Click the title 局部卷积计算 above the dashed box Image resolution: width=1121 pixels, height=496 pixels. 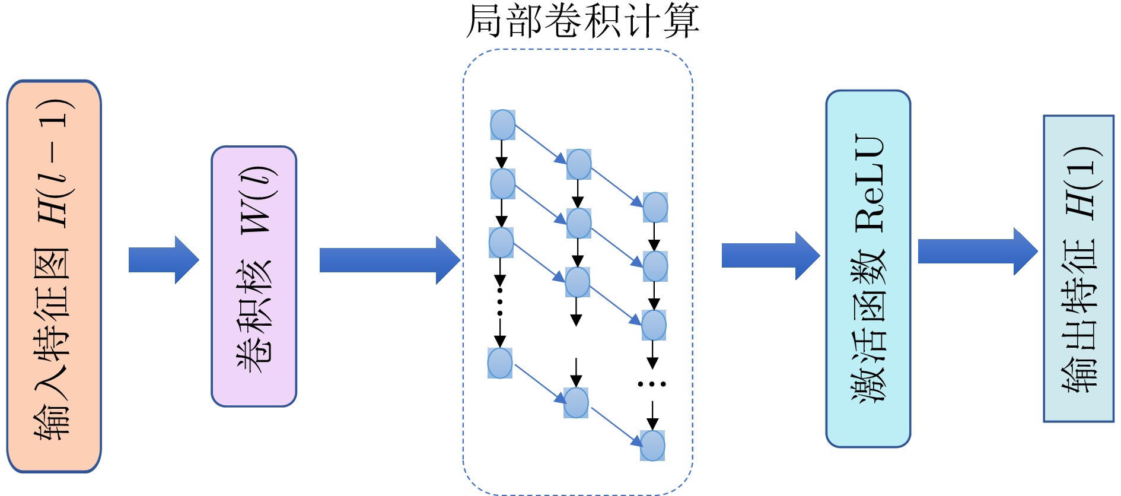pos(582,21)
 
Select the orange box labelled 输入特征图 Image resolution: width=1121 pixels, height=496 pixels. pos(54,276)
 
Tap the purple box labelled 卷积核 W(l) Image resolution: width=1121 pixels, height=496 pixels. pos(254,276)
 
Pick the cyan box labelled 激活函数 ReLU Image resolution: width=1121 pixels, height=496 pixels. pos(868,268)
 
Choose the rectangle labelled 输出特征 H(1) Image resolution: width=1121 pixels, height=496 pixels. pos(1078,268)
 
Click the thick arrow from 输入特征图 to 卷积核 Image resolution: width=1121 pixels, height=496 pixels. pos(164,260)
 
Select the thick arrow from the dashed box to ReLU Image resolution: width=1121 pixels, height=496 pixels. pos(770,256)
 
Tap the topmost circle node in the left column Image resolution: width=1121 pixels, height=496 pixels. pos(502,125)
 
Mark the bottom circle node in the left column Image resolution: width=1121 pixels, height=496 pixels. pos(500,363)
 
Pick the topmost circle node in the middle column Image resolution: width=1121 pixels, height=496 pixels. pos(579,164)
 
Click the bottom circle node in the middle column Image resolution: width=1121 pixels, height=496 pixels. pos(576,403)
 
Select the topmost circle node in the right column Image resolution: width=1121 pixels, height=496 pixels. pos(655,207)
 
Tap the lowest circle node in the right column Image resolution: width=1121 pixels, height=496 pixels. pos(652,446)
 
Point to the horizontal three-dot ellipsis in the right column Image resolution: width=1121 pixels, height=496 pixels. pos(652,384)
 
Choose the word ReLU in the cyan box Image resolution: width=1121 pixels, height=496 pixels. pos(870,183)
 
